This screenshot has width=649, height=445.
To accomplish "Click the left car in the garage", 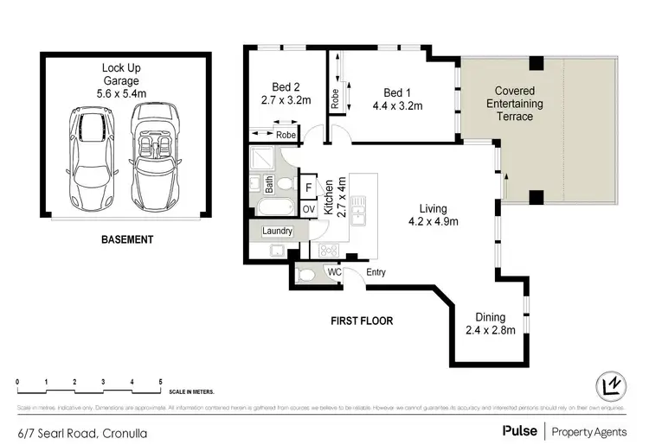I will coord(87,156).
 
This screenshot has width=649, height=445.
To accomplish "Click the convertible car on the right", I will coord(157,156).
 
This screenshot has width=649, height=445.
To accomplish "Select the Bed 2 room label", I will coord(286,87).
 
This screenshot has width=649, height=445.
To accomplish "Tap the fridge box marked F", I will coord(308,188).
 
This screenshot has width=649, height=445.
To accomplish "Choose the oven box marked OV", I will coord(308,208).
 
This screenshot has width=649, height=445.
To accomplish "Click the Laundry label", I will coord(277,232).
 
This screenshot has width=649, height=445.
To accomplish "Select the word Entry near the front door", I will coord(375,273).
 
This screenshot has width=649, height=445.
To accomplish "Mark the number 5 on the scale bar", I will coord(160,380).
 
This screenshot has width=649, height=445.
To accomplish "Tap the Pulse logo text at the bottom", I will coord(517,429).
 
